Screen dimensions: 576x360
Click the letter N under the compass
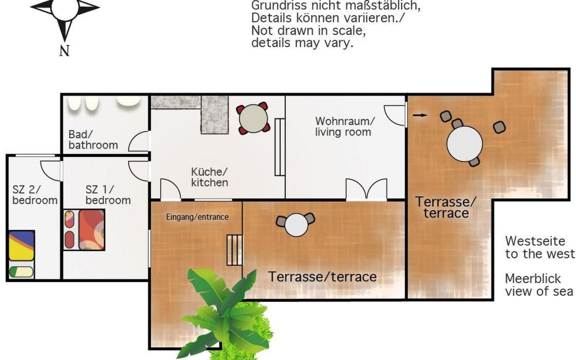click(64, 50)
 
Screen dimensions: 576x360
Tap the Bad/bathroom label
click(93, 140)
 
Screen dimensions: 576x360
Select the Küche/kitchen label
click(209, 177)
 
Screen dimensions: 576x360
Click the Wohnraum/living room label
click(345, 127)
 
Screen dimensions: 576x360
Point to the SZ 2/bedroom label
click(35, 195)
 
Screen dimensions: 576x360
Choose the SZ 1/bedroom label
click(108, 195)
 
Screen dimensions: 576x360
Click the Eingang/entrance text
click(197, 217)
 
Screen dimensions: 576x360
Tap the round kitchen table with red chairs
click(253, 118)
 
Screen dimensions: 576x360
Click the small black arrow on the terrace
click(420, 115)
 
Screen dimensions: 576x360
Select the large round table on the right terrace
click(464, 144)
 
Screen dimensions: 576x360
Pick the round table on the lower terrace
click(296, 225)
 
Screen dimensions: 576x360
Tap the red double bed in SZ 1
click(84, 230)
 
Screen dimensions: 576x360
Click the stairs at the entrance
click(234, 250)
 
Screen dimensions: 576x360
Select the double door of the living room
click(366, 189)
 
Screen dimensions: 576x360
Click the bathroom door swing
click(139, 141)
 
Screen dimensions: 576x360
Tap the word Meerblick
click(533, 279)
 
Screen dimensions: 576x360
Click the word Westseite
click(535, 241)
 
